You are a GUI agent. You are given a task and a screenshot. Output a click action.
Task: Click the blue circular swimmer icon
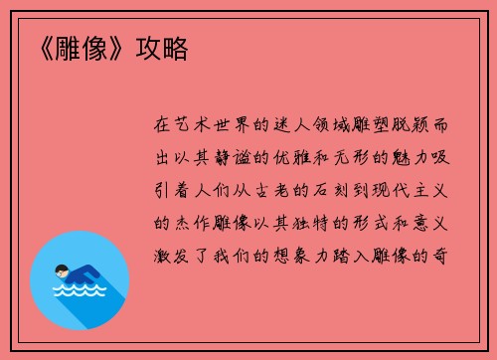[x=80, y=279]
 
